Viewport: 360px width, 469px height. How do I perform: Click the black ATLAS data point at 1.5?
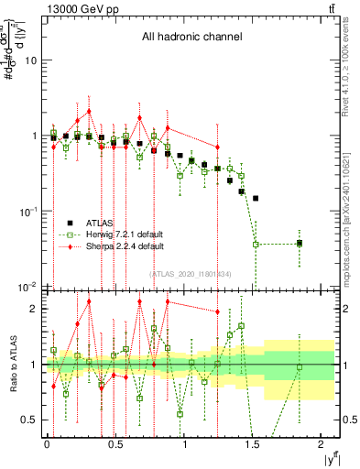point(256,198)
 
